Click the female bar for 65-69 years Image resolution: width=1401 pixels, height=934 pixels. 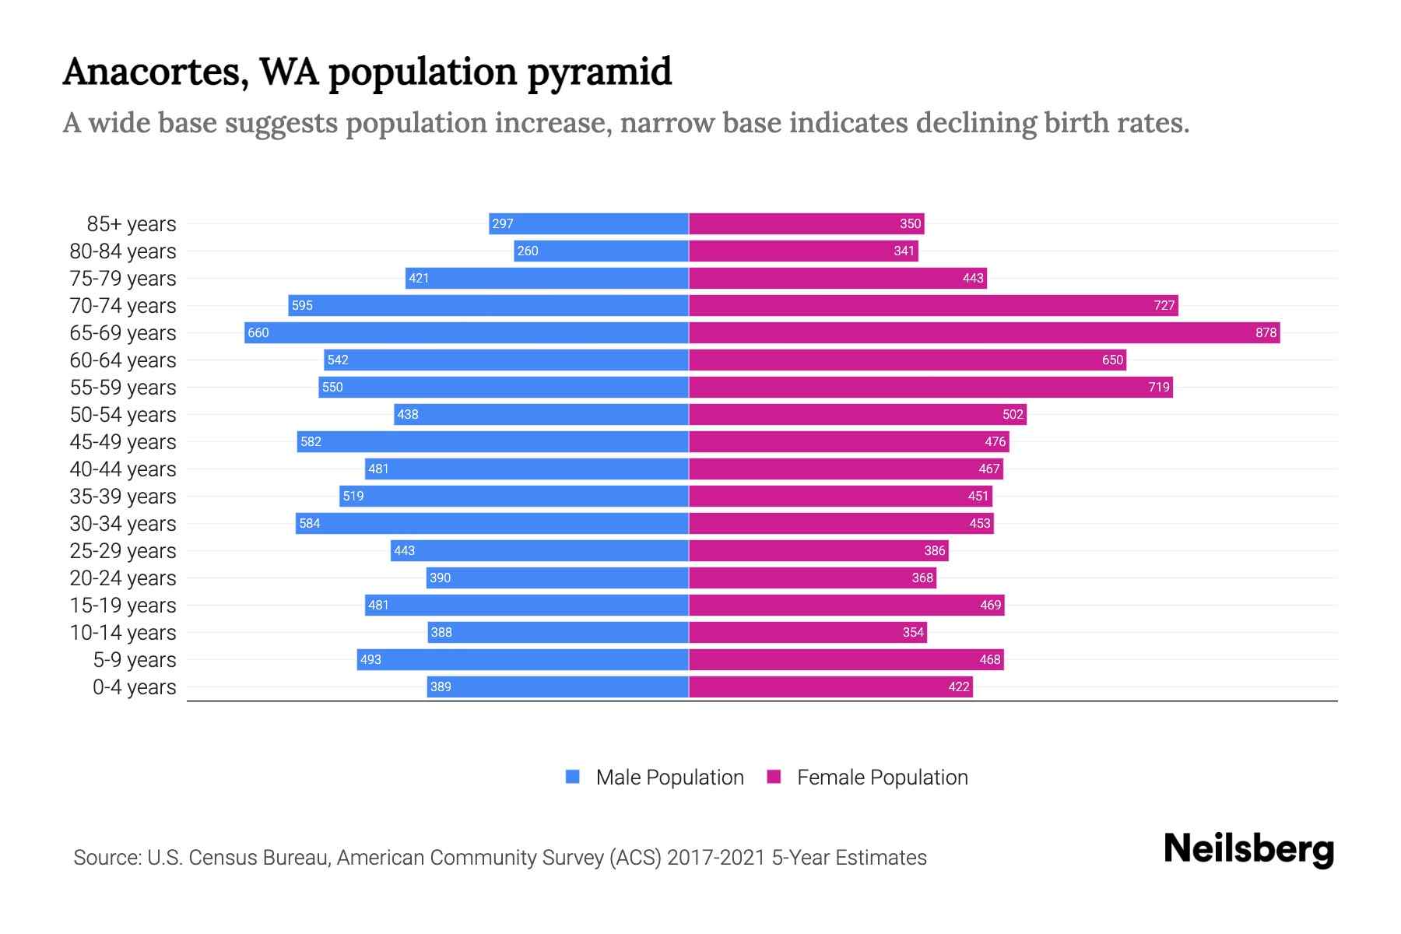(984, 333)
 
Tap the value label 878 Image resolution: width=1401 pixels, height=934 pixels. (1266, 333)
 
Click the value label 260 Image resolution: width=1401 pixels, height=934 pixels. (528, 251)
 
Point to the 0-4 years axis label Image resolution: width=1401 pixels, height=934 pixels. (134, 687)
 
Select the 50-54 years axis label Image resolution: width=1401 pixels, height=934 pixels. (123, 415)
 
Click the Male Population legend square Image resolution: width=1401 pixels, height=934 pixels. (573, 777)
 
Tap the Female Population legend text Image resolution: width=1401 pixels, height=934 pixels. (882, 778)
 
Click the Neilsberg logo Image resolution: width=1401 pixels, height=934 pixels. (1248, 849)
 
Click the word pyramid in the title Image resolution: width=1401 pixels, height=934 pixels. (599, 72)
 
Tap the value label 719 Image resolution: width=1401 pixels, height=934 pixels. (1158, 388)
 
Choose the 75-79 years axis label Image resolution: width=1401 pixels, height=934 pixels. (123, 279)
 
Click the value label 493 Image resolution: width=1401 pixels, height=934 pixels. (370, 660)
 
